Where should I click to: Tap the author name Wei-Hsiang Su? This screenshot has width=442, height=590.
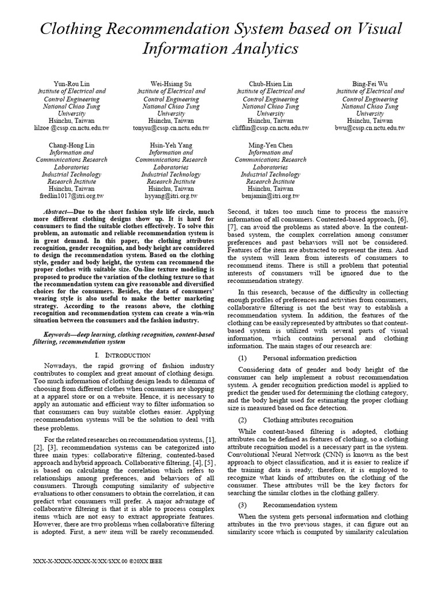(x=171, y=84)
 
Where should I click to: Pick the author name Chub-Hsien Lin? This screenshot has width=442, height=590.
(x=270, y=84)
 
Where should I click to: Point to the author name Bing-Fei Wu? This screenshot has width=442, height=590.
(x=370, y=84)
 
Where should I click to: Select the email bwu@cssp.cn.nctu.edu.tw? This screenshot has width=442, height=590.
(x=370, y=128)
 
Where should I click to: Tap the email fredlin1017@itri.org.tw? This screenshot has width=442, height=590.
(x=71, y=196)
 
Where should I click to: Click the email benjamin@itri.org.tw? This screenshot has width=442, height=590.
(x=270, y=196)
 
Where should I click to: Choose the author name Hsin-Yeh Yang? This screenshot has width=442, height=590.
(x=171, y=145)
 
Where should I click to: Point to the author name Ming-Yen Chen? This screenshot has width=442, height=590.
(x=270, y=145)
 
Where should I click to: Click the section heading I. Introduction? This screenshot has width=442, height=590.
(x=121, y=355)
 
